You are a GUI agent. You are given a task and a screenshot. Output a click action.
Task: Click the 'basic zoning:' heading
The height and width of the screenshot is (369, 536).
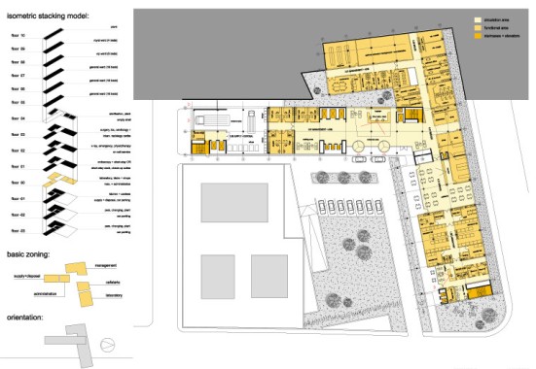point(33,254)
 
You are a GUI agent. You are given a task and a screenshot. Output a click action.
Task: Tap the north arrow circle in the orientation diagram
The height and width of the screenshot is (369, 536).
point(109,342)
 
